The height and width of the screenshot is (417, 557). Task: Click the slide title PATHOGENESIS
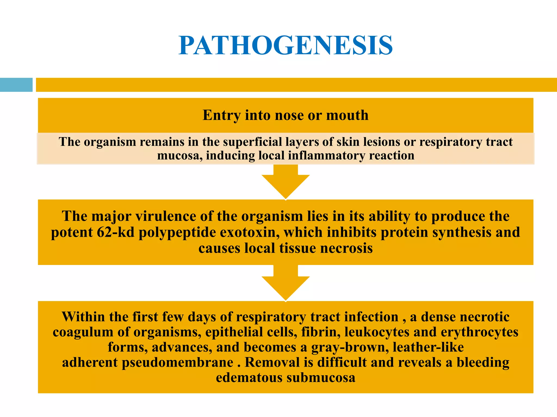tap(286, 46)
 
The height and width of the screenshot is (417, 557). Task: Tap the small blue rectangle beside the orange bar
tap(16, 85)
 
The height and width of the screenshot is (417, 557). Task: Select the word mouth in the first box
tap(347, 115)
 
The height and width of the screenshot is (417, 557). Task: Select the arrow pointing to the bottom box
tap(286, 284)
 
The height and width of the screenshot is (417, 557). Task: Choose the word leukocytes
tap(377, 332)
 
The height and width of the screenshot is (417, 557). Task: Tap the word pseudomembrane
tap(177, 363)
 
